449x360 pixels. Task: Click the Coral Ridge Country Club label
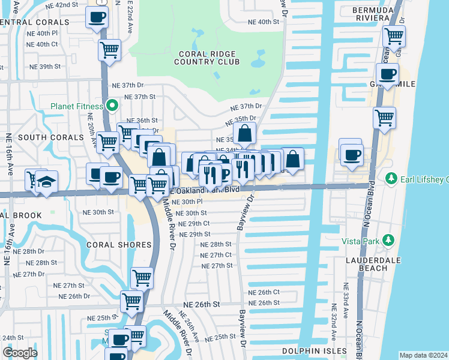pos(205,58)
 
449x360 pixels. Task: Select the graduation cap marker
pos(46,182)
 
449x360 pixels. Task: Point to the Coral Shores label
pos(119,245)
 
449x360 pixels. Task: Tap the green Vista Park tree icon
pos(388,240)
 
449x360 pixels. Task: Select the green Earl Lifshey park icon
pos(391,179)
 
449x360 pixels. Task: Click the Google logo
pos(20,353)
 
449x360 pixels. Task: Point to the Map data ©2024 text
pos(423,355)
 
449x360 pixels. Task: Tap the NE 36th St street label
pos(146,121)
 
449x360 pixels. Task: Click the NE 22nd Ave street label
pos(130,18)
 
